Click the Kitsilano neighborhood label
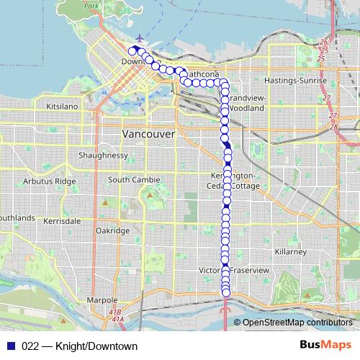[61, 106]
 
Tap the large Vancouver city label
[149, 135]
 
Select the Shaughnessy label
[104, 156]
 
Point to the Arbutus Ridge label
[49, 181]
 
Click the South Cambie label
[130, 179]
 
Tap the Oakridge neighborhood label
[112, 230]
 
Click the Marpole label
[102, 300]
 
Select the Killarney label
[291, 252]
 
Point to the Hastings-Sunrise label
[296, 80]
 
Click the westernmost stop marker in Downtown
[132, 51]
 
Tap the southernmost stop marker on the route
[225, 293]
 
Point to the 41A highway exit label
[118, 318]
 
